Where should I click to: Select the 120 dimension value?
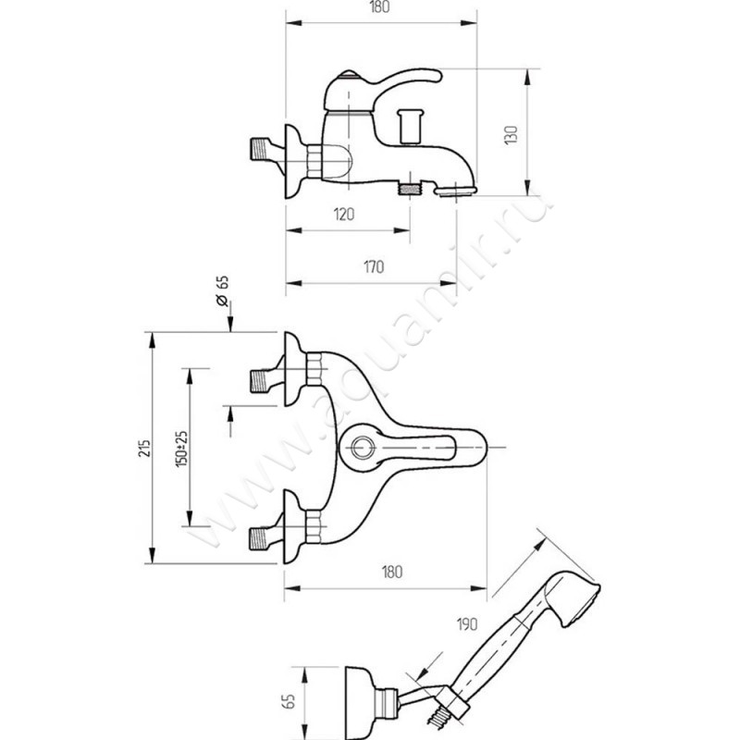(344, 215)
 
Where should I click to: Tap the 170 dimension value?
(374, 268)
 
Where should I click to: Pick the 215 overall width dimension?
(140, 447)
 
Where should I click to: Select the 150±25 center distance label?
(181, 448)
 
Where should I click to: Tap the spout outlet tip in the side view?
(455, 191)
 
